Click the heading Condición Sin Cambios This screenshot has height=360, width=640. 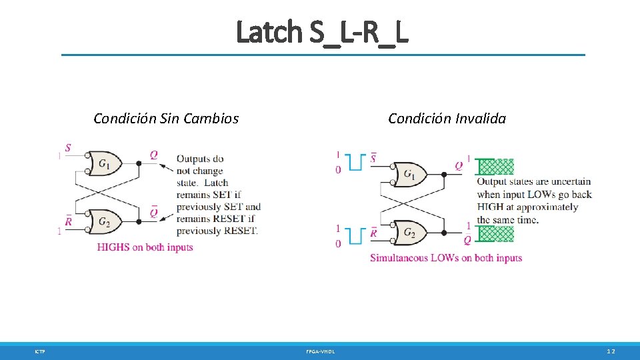click(166, 119)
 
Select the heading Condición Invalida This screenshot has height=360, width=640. click(447, 119)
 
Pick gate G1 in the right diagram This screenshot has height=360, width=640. click(409, 175)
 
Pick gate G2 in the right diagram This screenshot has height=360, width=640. click(409, 233)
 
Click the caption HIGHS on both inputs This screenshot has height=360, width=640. click(145, 247)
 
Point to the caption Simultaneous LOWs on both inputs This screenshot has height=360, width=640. click(445, 258)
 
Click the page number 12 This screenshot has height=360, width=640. click(611, 351)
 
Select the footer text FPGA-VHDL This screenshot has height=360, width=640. click(321, 351)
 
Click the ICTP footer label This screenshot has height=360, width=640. click(40, 351)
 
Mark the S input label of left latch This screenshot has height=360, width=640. click(68, 147)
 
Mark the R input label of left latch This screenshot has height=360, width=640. click(68, 221)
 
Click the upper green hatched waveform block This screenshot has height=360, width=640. click(497, 165)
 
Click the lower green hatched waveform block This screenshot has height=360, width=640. click(497, 233)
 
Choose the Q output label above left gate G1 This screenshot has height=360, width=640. click(154, 155)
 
